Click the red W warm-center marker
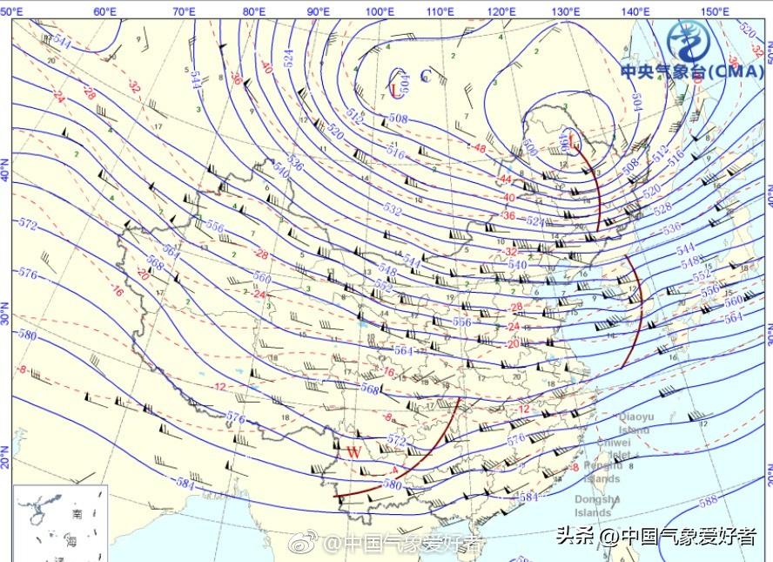tap(353, 452)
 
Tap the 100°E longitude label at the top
tap(379, 11)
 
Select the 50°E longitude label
tap(13, 11)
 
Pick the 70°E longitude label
tap(184, 11)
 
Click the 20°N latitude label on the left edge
tap(5, 457)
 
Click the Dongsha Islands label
tap(597, 506)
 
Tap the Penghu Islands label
tap(602, 473)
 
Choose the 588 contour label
tap(708, 500)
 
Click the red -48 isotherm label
tap(479, 148)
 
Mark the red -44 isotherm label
tap(505, 179)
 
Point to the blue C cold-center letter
tap(426, 76)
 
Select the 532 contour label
tap(393, 210)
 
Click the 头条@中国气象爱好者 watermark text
tap(656, 536)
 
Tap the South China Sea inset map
tap(60, 524)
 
